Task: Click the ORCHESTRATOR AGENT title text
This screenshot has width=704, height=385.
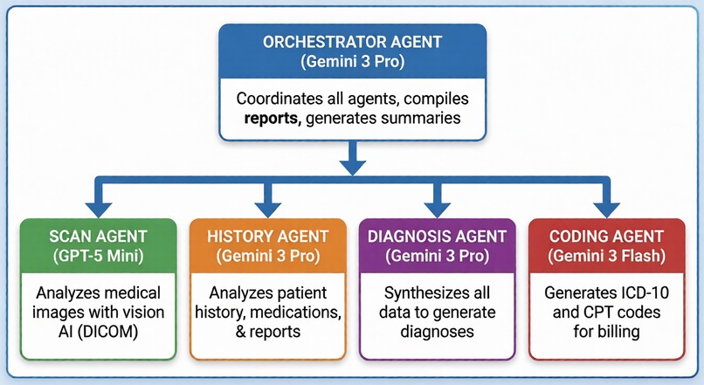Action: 352,40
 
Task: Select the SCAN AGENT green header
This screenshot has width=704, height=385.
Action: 98,237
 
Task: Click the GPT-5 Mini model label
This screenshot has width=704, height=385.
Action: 98,256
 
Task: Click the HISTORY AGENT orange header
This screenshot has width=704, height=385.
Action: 268,237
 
